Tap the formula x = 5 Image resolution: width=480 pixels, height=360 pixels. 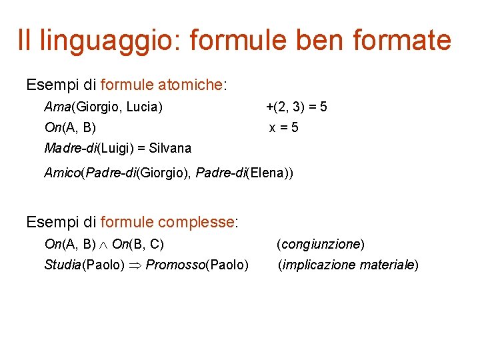pyautogui.click(x=283, y=127)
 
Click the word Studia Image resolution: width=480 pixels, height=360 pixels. pyautogui.click(x=62, y=265)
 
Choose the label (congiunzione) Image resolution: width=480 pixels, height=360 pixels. pyautogui.click(x=321, y=244)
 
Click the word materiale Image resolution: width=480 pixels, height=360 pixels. pyautogui.click(x=387, y=265)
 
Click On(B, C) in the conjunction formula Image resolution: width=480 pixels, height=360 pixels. pyautogui.click(x=138, y=244)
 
